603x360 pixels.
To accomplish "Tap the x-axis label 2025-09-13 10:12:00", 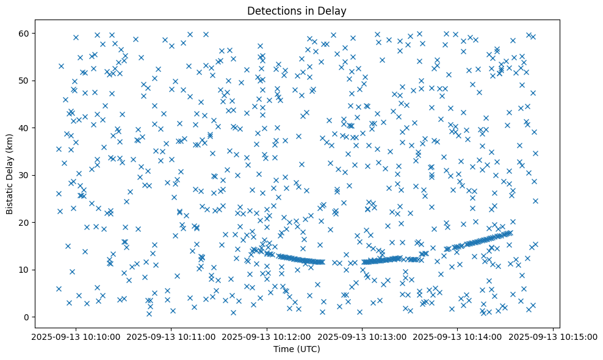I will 267,336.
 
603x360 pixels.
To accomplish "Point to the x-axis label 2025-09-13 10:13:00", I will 362,336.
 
